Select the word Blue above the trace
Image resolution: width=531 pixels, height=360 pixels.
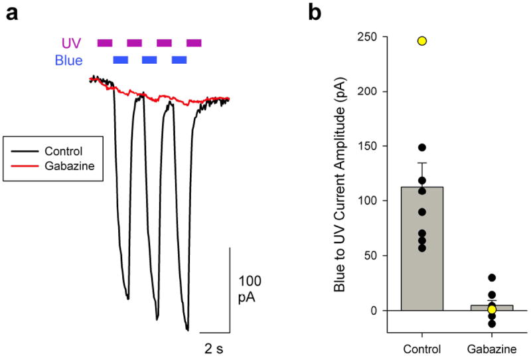[69, 61]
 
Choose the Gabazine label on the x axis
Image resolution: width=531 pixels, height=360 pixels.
[491, 348]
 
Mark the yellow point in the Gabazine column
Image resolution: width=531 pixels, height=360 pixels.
[492, 309]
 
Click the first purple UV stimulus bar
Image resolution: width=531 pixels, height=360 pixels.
[105, 43]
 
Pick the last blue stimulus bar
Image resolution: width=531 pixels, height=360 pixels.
[179, 60]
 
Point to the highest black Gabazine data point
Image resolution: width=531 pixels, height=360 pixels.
[492, 278]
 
